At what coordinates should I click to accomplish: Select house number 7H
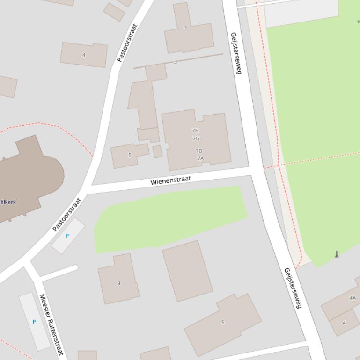point(195,130)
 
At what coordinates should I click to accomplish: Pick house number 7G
point(196,138)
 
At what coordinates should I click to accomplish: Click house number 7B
point(198,151)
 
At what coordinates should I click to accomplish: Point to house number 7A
point(200,158)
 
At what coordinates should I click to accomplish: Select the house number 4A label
point(352,298)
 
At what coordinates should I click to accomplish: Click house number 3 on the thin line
point(176,62)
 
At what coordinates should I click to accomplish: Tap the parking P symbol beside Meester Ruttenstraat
point(34,322)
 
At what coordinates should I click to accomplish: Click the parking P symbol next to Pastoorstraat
point(68,236)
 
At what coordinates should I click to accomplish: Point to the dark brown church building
point(28,178)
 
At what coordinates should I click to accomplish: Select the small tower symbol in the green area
point(336,254)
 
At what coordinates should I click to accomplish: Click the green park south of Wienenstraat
point(169,217)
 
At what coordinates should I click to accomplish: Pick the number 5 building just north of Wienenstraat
point(129,155)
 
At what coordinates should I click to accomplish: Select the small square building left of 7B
point(157,151)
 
